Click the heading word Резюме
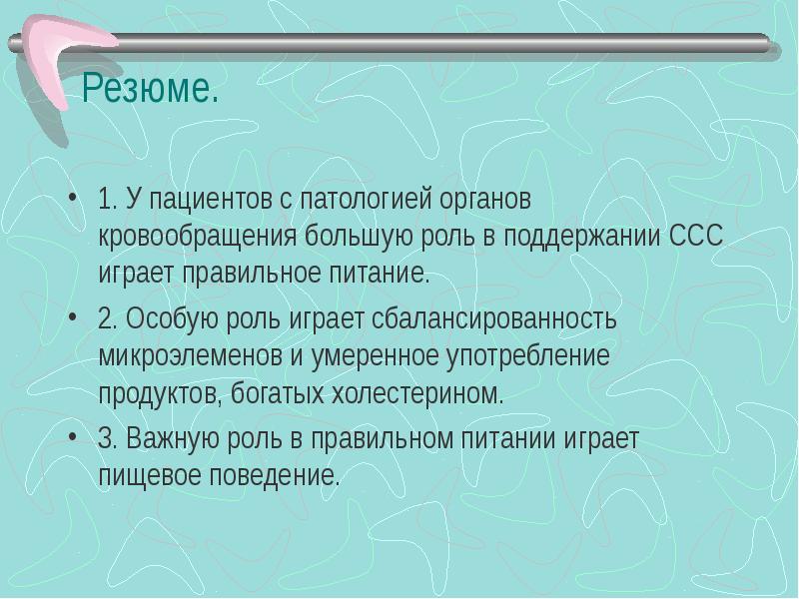149,92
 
